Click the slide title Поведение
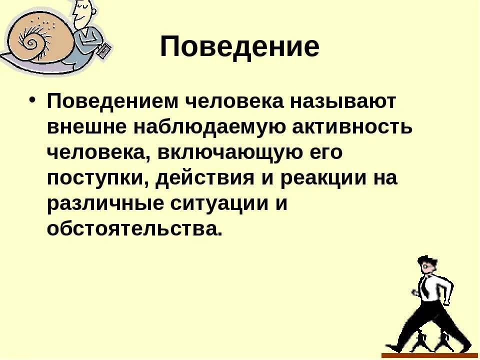point(239,47)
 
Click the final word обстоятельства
point(132,230)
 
